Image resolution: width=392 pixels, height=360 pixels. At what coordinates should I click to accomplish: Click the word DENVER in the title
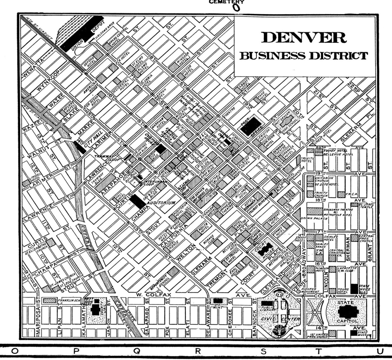304,37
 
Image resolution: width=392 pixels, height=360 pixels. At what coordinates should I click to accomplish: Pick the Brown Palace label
314,218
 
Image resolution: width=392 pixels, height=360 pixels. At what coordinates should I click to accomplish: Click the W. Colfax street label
153,295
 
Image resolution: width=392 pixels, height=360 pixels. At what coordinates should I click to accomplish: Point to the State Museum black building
354,333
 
